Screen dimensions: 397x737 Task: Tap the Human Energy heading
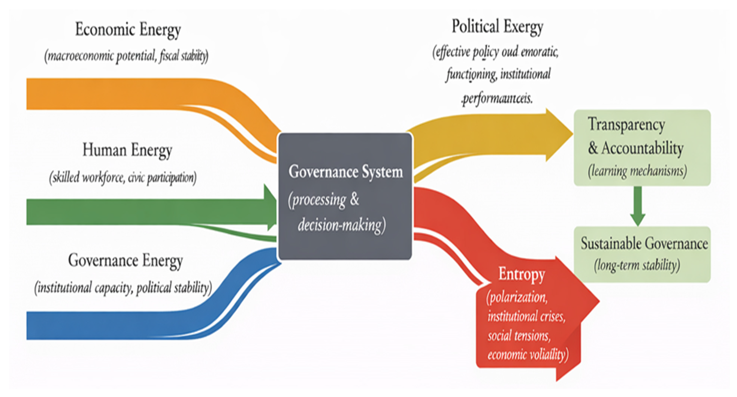(127, 150)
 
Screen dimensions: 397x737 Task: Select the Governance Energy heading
(125, 261)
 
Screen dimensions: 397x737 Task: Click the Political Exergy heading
(497, 27)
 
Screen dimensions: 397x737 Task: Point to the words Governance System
(345, 172)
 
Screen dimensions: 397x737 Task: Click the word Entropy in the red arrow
(522, 274)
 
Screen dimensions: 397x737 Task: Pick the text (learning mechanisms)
(637, 171)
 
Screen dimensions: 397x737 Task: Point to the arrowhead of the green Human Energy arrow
(270, 207)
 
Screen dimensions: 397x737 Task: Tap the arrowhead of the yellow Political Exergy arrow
(558, 135)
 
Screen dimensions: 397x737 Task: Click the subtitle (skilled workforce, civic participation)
(123, 177)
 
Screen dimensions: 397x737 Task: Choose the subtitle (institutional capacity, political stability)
(123, 288)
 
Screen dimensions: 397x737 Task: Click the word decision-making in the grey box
(340, 225)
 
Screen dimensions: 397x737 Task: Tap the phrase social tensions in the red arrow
(519, 335)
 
